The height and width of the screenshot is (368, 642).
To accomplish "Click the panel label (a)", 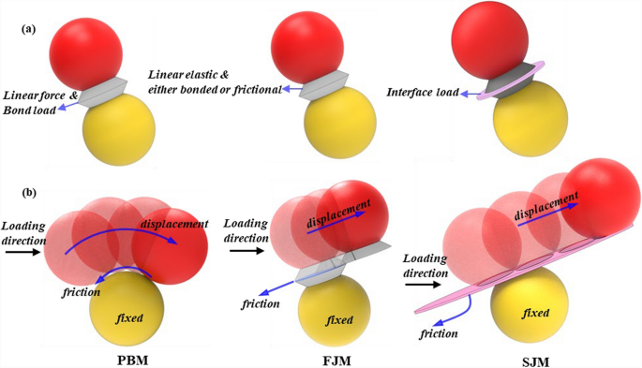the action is pyautogui.click(x=29, y=29).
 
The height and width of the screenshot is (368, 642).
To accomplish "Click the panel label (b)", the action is pyautogui.click(x=29, y=195).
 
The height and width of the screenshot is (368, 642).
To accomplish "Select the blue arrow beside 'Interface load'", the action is pyautogui.click(x=469, y=91).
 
